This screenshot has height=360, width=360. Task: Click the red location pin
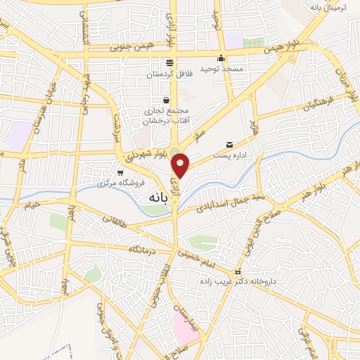tap(181, 165)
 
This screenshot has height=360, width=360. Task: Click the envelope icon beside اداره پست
tap(229, 145)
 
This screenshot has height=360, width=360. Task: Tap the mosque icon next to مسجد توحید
tap(221, 58)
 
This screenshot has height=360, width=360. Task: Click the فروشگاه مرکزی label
tap(121, 182)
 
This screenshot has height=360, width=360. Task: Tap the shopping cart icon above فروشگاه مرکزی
tap(121, 172)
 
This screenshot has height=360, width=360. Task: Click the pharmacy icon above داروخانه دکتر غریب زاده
tap(238, 272)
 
